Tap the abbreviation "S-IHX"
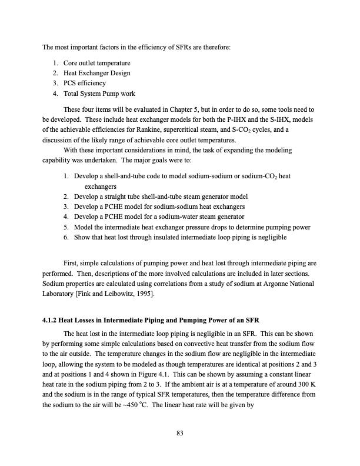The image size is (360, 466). coord(275,119)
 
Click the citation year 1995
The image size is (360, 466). coord(138,294)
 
